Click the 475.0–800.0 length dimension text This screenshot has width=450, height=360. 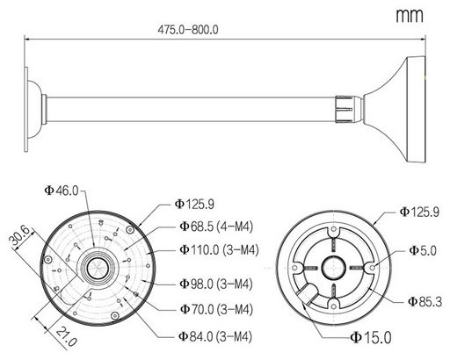pyautogui.click(x=188, y=30)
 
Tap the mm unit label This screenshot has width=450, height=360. pyautogui.click(x=410, y=15)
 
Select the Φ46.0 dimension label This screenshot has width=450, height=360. pyautogui.click(x=62, y=191)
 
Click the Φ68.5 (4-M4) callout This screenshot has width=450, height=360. pyautogui.click(x=216, y=227)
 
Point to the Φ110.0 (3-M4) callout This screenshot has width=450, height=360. pyautogui.click(x=219, y=249)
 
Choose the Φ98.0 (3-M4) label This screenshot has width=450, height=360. pyautogui.click(x=216, y=284)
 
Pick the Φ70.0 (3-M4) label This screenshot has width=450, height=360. pyautogui.click(x=216, y=309)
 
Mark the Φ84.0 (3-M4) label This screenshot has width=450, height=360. pyautogui.click(x=215, y=336)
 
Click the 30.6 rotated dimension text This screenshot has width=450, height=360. pyautogui.click(x=20, y=236)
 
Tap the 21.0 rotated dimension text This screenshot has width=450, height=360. pyautogui.click(x=67, y=336)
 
